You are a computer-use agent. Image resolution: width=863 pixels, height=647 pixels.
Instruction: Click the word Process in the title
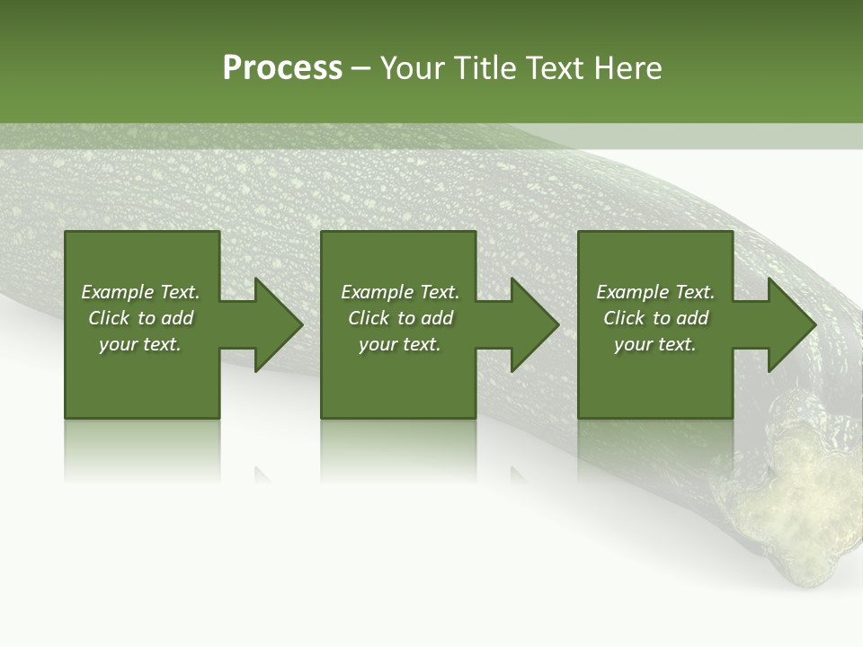(x=282, y=68)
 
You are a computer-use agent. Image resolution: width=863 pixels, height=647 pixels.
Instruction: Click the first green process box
(x=142, y=377)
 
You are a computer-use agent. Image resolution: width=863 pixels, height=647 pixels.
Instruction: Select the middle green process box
(x=398, y=377)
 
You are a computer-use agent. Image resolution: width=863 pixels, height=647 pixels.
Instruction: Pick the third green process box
(x=655, y=377)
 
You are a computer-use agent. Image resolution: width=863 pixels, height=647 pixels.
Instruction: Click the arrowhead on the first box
(x=279, y=324)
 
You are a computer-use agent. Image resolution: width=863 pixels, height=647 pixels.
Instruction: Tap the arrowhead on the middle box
(x=535, y=324)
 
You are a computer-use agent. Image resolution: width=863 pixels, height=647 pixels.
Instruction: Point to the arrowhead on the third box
(x=792, y=324)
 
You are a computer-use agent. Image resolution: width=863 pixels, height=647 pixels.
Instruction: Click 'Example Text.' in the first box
(x=140, y=292)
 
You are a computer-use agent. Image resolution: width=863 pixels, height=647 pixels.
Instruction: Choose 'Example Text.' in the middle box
(x=400, y=292)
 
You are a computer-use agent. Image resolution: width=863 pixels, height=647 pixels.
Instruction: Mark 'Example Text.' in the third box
(x=655, y=292)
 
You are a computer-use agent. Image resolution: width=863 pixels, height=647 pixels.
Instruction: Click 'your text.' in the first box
(x=140, y=344)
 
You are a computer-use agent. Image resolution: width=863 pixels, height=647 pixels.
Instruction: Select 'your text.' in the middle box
(x=400, y=344)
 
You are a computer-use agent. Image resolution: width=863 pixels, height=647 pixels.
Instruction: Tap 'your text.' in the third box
(x=655, y=344)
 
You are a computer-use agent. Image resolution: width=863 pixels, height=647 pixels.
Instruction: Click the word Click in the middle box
(x=369, y=318)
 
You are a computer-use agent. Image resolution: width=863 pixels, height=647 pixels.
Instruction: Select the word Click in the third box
(x=624, y=318)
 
